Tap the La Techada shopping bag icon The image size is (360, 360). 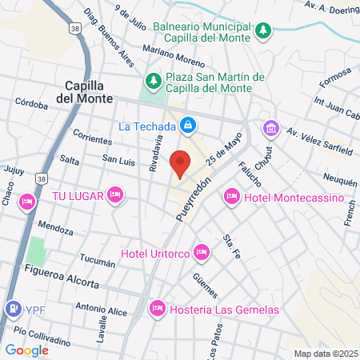[187, 126]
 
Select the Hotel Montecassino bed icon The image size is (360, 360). [232, 196]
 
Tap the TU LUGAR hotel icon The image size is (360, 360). [115, 194]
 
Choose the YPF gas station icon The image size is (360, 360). [14, 308]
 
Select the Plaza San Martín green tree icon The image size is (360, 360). [153, 80]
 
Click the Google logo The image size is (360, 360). [26, 350]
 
